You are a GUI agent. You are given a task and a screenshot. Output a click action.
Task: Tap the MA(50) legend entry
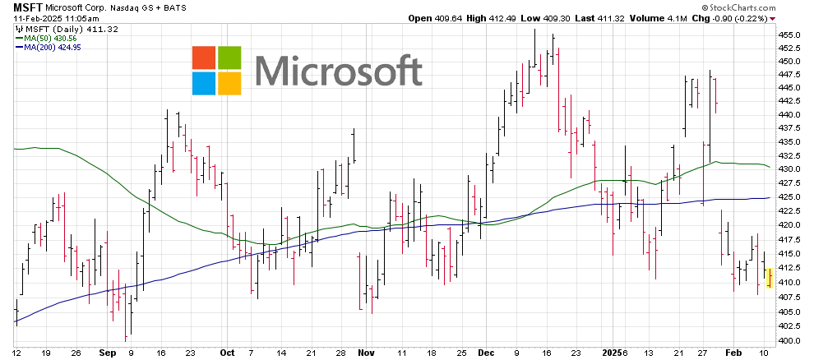40,38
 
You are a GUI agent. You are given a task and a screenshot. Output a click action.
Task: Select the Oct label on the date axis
227,352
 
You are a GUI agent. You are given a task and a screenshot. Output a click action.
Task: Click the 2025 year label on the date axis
611,352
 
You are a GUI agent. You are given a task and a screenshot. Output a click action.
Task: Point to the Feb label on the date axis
734,352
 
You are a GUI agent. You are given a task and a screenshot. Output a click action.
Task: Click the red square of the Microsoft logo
203,57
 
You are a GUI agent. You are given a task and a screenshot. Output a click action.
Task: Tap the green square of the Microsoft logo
229,57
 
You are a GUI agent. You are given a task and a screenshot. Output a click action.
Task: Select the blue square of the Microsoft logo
203,83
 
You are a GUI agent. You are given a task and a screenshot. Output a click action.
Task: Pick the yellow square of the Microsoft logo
229,83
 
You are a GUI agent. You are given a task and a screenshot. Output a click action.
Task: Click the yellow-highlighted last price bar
769,278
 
